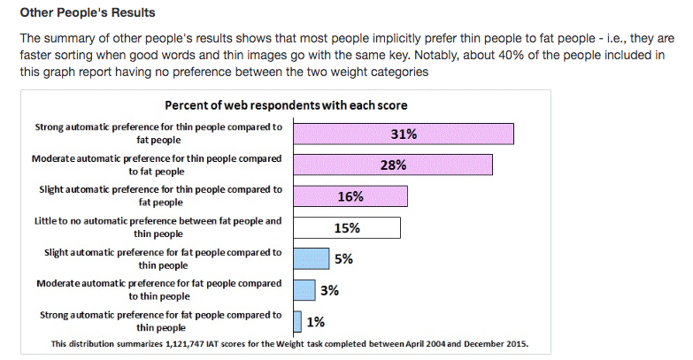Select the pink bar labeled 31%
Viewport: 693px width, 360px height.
(x=403, y=134)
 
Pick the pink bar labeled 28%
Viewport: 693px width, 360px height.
(x=392, y=165)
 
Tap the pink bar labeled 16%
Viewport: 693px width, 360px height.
(x=350, y=195)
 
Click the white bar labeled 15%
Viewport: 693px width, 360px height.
(x=346, y=227)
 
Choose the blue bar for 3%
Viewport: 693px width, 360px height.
(x=304, y=289)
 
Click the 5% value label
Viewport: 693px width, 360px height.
(x=343, y=259)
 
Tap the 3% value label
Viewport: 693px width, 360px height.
(x=329, y=290)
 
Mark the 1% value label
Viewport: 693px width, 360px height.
(x=315, y=321)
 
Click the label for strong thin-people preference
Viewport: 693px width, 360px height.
(x=158, y=133)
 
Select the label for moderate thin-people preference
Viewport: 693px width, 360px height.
(x=157, y=165)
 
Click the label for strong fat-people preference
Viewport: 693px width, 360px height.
(x=162, y=320)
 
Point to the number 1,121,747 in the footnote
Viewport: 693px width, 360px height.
(x=200, y=343)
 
